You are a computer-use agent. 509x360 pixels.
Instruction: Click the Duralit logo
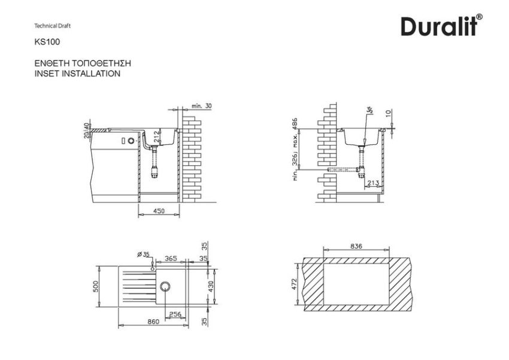pyautogui.click(x=442, y=26)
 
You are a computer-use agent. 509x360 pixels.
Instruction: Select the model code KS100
pyautogui.click(x=47, y=43)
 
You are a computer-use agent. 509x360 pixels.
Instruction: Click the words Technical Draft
pyautogui.click(x=53, y=26)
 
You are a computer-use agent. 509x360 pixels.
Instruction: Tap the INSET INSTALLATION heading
pyautogui.click(x=78, y=74)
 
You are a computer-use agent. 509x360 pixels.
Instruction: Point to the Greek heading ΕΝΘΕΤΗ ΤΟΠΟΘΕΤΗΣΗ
pyautogui.click(x=83, y=63)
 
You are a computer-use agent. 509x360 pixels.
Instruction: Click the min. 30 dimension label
pyautogui.click(x=202, y=105)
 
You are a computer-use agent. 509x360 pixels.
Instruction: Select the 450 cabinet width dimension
pyautogui.click(x=159, y=211)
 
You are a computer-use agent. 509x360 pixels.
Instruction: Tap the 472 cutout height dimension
pyautogui.click(x=293, y=283)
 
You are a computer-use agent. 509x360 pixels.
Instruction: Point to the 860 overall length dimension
pyautogui.click(x=153, y=322)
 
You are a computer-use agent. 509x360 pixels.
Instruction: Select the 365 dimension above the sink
pyautogui.click(x=171, y=258)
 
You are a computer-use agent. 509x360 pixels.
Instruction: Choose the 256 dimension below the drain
pyautogui.click(x=175, y=314)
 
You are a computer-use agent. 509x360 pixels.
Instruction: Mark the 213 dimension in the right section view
pyautogui.click(x=372, y=183)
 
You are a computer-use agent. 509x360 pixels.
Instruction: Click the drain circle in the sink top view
pyautogui.click(x=165, y=286)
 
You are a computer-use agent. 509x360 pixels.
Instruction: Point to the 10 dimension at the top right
pyautogui.click(x=388, y=113)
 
